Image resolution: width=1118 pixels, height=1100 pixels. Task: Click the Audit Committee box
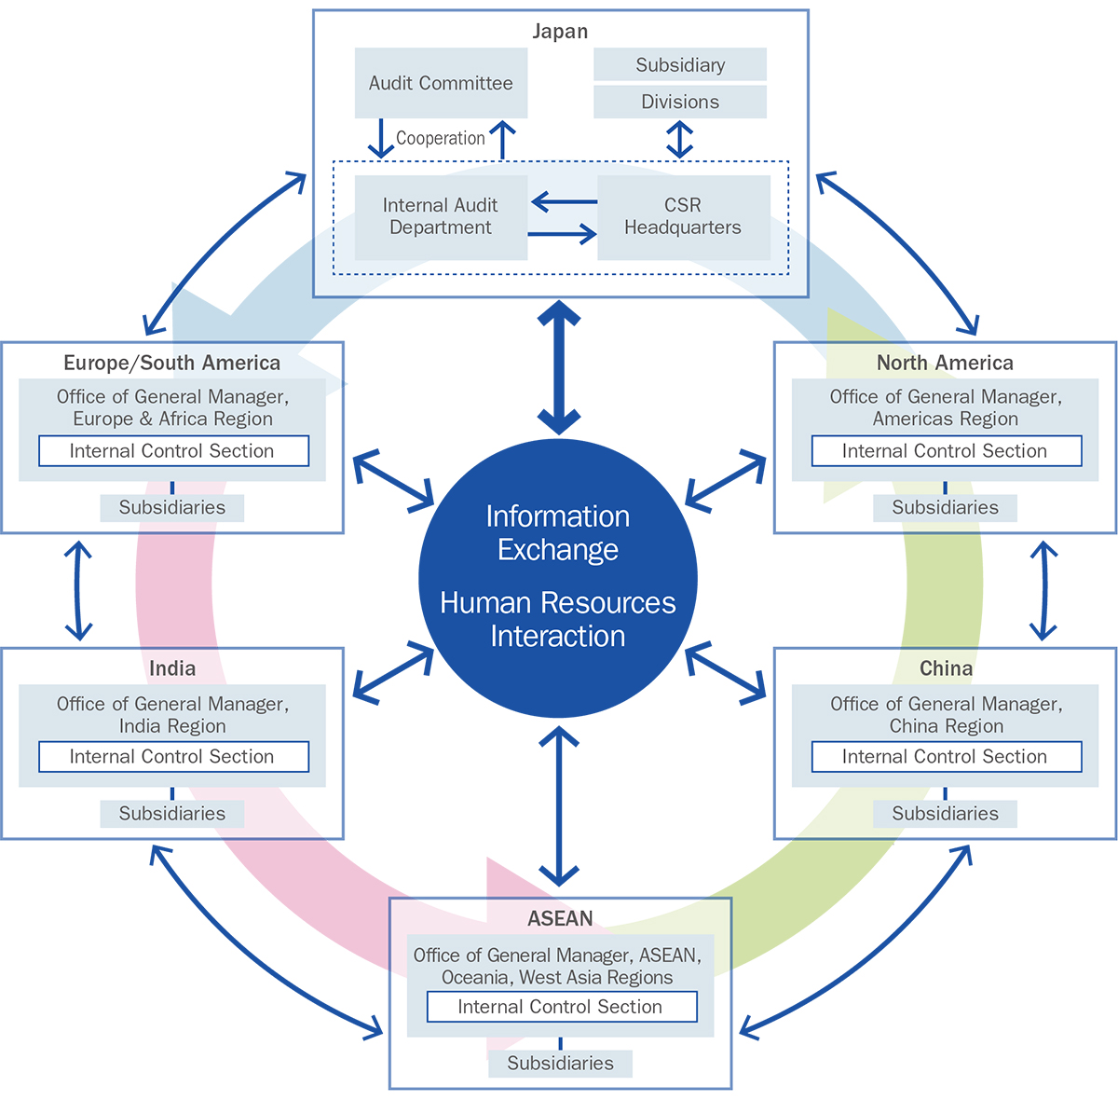441,83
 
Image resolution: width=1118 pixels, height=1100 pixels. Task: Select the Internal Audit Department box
441,216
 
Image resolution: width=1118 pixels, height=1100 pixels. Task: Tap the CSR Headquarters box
683,216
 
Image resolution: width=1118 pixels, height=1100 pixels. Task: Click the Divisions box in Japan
680,102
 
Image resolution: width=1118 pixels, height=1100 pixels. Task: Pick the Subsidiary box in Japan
680,64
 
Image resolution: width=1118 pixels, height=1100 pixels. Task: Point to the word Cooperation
440,138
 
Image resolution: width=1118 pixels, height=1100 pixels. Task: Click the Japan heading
560,31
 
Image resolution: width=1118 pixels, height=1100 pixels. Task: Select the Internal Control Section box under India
173,756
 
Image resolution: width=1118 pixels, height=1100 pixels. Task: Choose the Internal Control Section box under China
946,756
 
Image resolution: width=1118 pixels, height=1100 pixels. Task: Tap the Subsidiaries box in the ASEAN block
560,1063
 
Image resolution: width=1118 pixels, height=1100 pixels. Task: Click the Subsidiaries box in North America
945,507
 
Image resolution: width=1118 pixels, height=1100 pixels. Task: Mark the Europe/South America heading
172,363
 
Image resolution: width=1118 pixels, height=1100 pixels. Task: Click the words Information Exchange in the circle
558,532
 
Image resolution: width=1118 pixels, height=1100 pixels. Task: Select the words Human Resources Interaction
558,619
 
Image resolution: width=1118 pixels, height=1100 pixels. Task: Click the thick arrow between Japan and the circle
559,367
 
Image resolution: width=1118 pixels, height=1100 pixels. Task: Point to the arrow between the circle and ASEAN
559,806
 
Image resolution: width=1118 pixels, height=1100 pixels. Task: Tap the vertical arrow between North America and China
1043,591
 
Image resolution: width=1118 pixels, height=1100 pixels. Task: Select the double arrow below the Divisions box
680,140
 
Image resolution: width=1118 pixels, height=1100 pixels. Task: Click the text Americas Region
945,419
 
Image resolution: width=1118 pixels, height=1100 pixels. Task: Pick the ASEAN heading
560,918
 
